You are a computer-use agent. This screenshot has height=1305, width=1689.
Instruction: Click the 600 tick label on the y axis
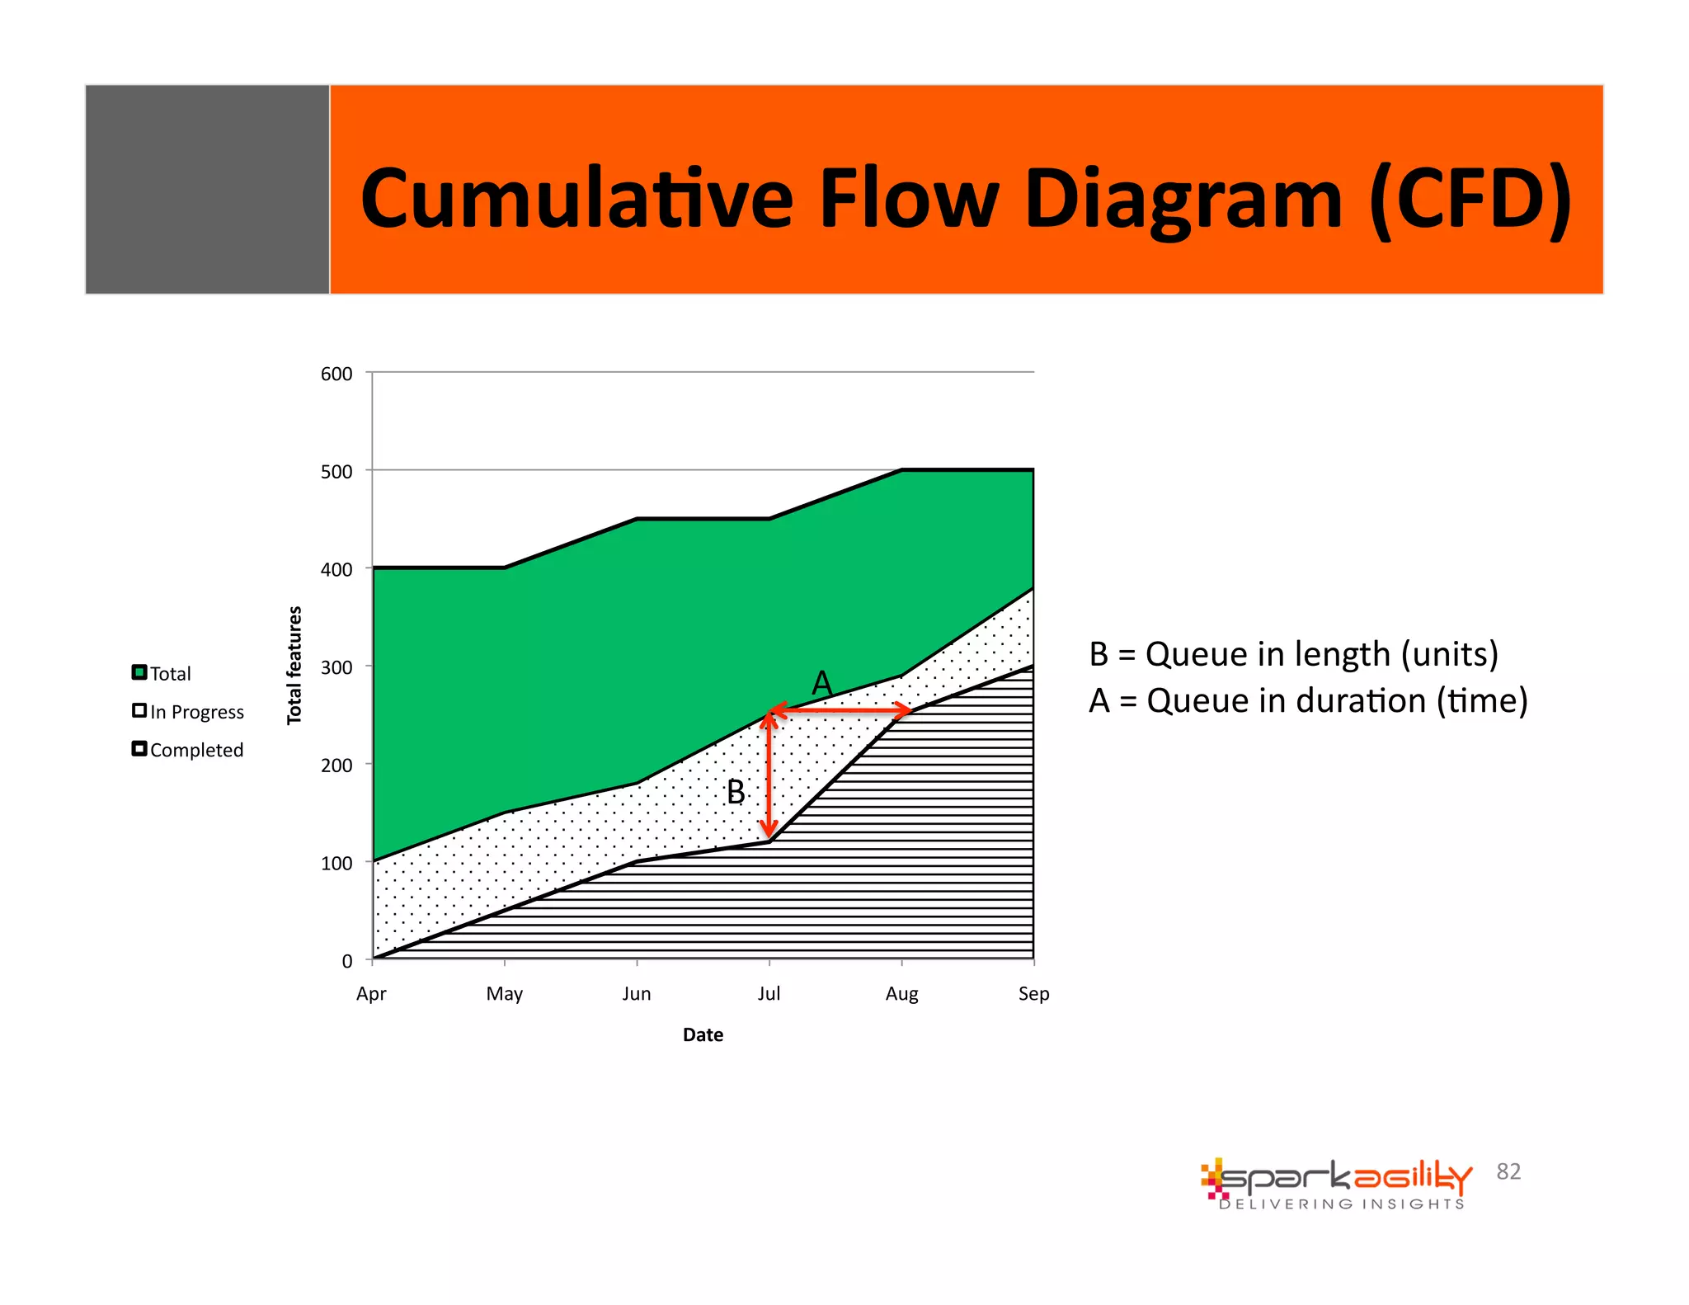336,374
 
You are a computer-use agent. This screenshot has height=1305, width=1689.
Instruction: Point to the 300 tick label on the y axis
336,667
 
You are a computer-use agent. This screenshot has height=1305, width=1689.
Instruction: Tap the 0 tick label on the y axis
347,961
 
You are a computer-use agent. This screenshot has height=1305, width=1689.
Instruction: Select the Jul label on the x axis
769,993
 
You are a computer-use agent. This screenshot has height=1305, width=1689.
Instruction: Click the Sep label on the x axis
1033,993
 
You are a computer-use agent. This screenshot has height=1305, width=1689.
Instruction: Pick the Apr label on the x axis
371,993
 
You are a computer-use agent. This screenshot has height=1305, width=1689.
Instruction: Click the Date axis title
703,1034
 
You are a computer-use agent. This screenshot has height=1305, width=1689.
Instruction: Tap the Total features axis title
294,665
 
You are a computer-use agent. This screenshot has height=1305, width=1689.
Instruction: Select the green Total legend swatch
139,672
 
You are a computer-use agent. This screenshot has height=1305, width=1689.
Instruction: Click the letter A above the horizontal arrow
821,683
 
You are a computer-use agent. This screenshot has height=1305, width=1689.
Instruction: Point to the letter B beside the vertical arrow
735,792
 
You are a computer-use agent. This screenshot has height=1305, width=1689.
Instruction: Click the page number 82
1508,1171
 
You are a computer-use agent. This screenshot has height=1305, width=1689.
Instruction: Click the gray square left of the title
207,189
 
